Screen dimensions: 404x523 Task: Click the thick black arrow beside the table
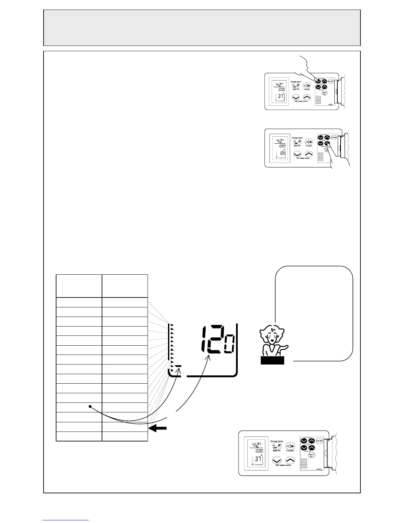click(158, 428)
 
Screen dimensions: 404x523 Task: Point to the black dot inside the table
click(90, 407)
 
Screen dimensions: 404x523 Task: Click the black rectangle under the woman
click(272, 361)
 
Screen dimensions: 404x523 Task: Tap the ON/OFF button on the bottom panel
click(319, 441)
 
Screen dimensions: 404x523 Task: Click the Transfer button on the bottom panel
click(290, 445)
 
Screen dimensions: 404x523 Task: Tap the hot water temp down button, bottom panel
click(277, 461)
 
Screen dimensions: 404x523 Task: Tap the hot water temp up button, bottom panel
click(289, 460)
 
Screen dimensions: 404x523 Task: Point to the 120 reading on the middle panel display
click(282, 153)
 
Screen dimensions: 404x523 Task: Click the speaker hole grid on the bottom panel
click(304, 464)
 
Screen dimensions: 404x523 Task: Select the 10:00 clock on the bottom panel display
click(258, 451)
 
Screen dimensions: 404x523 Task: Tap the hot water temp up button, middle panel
click(308, 154)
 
